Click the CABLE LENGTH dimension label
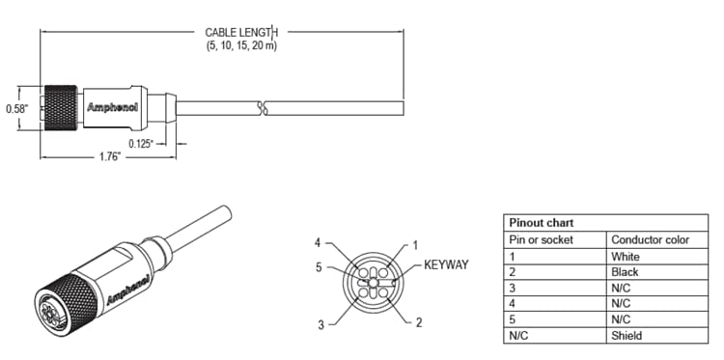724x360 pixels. point(239,32)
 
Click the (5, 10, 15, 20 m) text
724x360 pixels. point(240,45)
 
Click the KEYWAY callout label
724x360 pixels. point(446,263)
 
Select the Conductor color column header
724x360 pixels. point(650,239)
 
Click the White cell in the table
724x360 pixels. point(626,257)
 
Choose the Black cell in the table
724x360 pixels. point(625,272)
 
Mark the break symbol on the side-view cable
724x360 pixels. point(261,107)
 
